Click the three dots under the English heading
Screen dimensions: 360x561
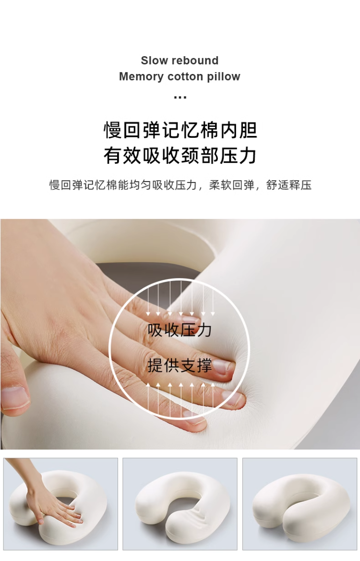coord(180,97)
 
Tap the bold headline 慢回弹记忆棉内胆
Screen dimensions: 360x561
coord(180,130)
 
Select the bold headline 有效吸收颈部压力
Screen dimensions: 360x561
coord(180,156)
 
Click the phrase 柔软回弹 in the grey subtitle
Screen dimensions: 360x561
coord(232,185)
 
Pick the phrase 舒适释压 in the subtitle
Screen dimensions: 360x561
coord(289,185)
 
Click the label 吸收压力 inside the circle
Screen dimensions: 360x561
coord(180,330)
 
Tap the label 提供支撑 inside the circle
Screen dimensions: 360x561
coord(180,366)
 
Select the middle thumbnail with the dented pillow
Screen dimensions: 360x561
coord(180,504)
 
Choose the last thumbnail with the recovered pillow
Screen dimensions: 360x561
coord(300,504)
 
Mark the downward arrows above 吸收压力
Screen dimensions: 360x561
coord(180,298)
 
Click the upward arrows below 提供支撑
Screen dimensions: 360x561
coord(180,399)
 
